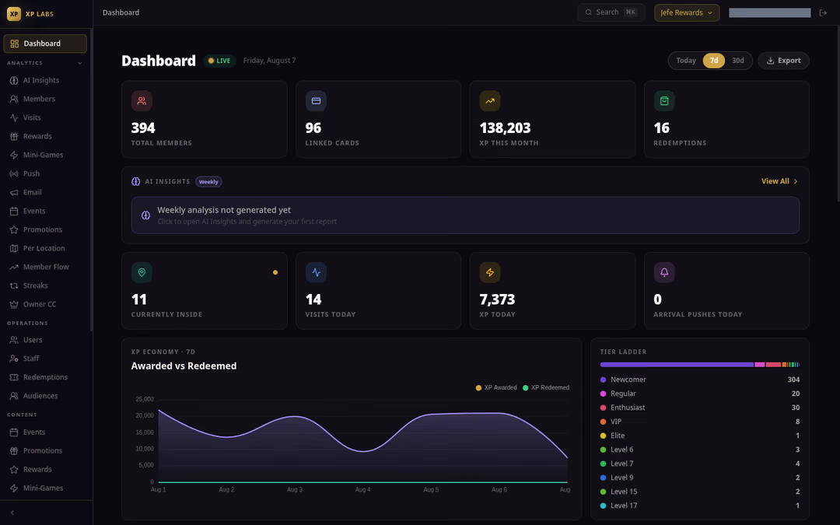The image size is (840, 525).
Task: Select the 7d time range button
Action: [713, 61]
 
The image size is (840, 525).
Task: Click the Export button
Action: [783, 61]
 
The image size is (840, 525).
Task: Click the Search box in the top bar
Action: [611, 12]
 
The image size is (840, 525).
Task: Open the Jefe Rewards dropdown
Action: [687, 12]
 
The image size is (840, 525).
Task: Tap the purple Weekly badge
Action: [208, 181]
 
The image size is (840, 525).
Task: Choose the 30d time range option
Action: [737, 61]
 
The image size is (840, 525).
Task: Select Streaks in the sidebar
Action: [35, 285]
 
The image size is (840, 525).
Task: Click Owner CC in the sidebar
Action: [40, 304]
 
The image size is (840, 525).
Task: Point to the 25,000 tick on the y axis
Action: [145, 399]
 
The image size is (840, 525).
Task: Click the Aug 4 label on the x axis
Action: [362, 490]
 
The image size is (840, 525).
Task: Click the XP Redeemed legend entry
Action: [546, 387]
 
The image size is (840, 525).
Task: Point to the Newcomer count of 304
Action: [793, 380]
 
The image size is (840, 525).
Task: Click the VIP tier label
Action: [616, 422]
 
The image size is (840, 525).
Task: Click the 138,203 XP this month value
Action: [505, 128]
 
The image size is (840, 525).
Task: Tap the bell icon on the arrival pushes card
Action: [664, 272]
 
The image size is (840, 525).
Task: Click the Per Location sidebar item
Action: [44, 248]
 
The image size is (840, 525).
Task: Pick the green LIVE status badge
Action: [219, 61]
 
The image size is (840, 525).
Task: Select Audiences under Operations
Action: [40, 396]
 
